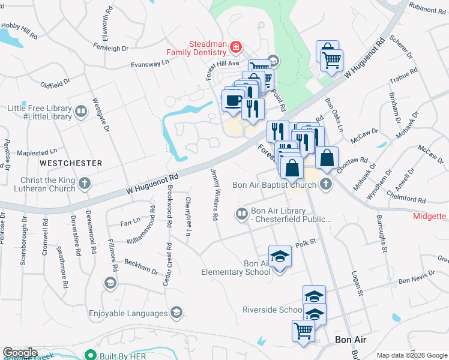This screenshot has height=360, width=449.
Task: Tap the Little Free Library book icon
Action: (80, 111)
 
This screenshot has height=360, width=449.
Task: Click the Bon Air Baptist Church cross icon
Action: (326, 184)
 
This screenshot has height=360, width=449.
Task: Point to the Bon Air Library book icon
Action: (241, 214)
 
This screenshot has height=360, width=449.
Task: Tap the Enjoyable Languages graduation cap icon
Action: (176, 313)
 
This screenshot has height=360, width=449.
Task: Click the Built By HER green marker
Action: (91, 355)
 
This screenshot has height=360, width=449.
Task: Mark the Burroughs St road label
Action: (379, 230)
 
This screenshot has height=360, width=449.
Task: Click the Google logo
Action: (20, 353)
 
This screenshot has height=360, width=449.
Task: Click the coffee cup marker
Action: (234, 100)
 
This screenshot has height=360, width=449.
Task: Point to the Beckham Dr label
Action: (141, 265)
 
